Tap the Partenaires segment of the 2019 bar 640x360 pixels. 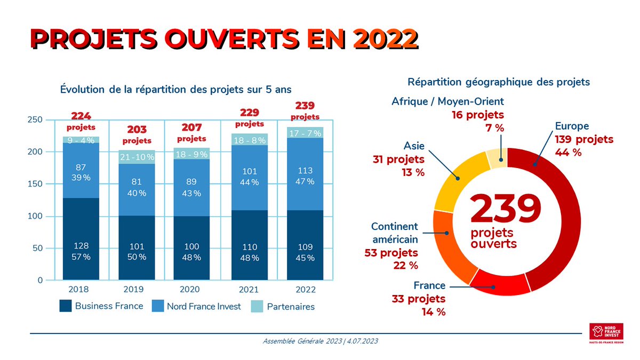point(137,157)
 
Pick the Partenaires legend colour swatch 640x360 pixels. point(257,306)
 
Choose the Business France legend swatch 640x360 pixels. point(65,306)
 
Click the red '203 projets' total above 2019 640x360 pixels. point(137,134)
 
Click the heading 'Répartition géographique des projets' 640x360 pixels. point(499,83)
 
